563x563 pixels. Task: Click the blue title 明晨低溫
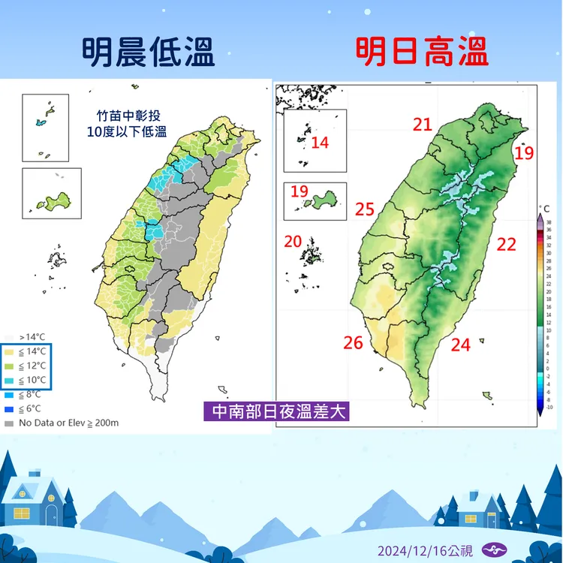pos(148,53)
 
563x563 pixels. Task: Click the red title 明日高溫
pos(422,53)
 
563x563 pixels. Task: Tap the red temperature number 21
pos(423,125)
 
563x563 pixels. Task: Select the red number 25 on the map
pos(364,209)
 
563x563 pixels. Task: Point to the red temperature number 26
pos(353,343)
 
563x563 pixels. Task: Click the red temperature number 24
pos(460,345)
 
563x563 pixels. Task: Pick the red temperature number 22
pos(507,243)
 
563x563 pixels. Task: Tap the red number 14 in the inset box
pos(320,142)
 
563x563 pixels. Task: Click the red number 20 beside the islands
pos(293,241)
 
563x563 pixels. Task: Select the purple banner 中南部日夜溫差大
pos(277,411)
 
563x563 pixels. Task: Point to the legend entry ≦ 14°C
pos(31,351)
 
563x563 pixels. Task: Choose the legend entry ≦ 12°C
pos(31,366)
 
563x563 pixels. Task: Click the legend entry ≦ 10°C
pos(31,380)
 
